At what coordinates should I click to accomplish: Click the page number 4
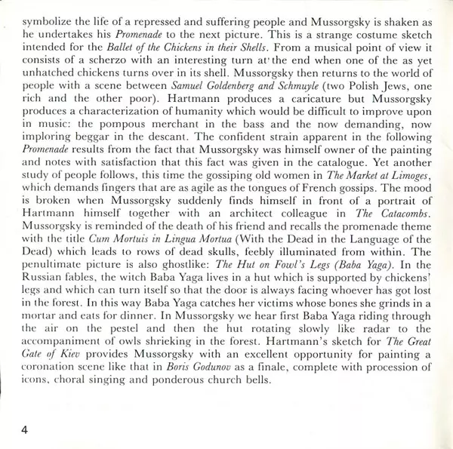tap(25, 410)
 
